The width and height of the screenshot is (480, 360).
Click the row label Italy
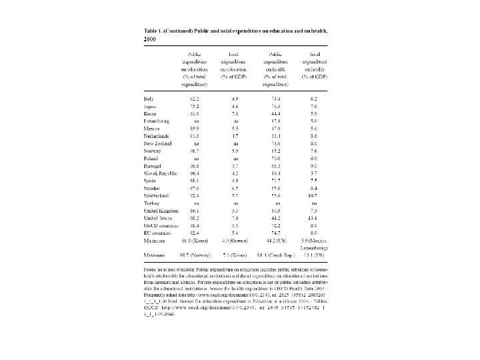tap(148, 98)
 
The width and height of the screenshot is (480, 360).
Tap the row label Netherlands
tap(157, 135)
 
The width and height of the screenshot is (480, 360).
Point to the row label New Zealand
tap(157, 143)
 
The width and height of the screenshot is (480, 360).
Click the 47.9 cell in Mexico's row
tap(274, 128)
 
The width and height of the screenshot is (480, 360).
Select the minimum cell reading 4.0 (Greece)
tap(234, 241)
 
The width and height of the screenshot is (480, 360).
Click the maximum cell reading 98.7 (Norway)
tap(197, 255)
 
